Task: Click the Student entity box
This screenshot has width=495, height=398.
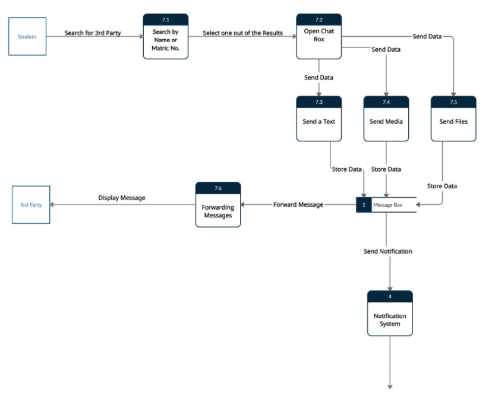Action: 27,37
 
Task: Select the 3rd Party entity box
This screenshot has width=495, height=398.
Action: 31,205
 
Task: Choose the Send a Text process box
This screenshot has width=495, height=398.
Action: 319,122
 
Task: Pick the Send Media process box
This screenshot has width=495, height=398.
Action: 386,122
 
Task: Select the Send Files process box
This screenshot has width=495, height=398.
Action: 453,122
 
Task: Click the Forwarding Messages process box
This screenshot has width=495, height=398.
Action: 218,208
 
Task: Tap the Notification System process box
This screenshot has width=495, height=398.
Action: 390,320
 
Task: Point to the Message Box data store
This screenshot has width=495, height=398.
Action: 387,205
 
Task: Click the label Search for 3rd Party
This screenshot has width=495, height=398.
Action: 93,33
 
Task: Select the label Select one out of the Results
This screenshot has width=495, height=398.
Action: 242,33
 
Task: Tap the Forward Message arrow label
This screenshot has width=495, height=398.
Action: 298,205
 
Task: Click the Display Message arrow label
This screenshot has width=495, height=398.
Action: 122,198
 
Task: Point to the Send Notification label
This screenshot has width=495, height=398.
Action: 388,251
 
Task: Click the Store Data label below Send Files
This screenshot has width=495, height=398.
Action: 442,186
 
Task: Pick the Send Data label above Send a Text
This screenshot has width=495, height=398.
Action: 319,78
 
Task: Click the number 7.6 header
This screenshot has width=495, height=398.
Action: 218,188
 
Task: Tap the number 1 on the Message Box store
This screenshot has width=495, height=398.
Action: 364,205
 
